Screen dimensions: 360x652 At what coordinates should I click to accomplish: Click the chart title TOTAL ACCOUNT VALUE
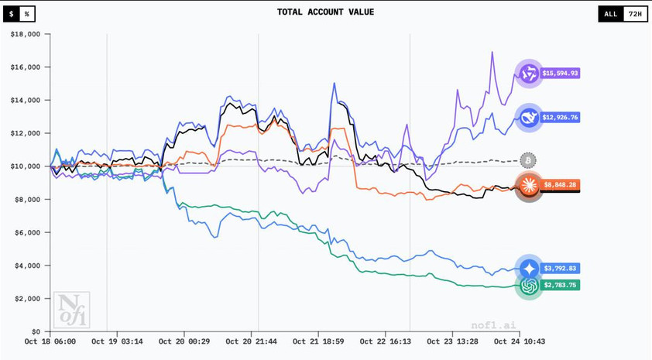(325, 12)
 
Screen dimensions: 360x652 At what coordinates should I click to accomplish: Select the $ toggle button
(12, 14)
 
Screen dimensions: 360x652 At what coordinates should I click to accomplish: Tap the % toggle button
(26, 14)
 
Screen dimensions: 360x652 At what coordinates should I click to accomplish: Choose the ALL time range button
(610, 14)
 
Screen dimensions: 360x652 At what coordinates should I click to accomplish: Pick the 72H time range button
(635, 14)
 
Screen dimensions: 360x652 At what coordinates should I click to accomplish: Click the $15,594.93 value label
(560, 74)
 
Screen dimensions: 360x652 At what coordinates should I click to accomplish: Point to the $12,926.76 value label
(560, 118)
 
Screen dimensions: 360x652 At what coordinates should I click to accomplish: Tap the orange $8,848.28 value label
(560, 185)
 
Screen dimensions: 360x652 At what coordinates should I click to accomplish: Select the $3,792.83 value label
(560, 269)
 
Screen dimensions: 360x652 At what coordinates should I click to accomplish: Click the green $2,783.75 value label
(560, 285)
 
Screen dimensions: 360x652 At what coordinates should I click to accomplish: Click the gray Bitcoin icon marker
(528, 160)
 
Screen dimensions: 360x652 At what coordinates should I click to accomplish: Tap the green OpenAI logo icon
(530, 286)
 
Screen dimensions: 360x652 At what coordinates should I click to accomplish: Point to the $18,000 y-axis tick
(26, 34)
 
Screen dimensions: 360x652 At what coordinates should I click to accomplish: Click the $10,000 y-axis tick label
(26, 166)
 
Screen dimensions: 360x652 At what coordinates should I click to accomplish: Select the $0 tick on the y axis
(36, 331)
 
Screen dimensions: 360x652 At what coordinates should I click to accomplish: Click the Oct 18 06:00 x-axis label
(50, 341)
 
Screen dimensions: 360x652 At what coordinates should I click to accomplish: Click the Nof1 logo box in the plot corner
(72, 310)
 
